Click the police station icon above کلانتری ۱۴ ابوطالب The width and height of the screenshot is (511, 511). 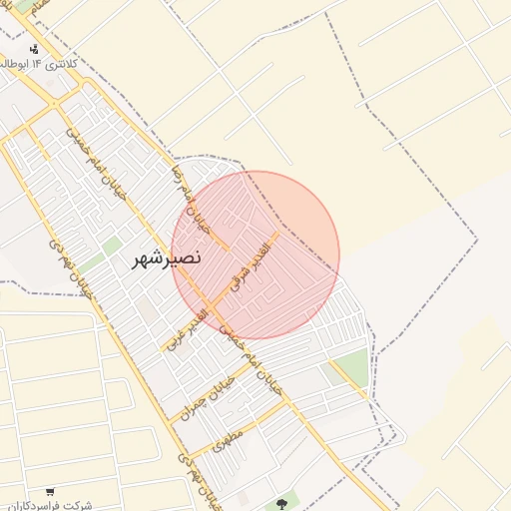click(x=35, y=48)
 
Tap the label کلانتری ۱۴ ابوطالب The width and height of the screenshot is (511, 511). click(x=41, y=64)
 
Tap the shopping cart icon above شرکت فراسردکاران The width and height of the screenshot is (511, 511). click(x=51, y=491)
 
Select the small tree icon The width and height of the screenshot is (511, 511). click(x=280, y=502)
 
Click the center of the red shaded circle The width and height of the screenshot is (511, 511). click(x=255, y=255)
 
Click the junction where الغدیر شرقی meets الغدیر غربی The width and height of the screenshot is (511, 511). click(x=212, y=303)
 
